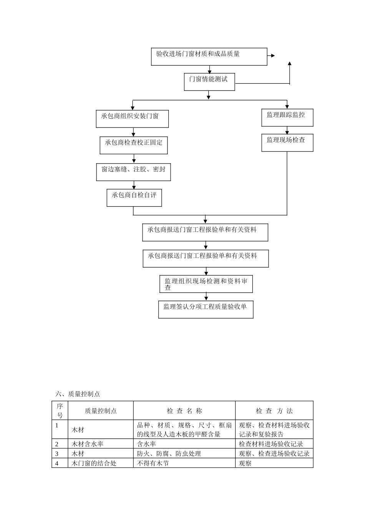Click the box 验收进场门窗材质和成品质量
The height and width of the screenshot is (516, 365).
[x=209, y=56]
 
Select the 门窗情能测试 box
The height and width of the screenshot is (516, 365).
[x=209, y=81]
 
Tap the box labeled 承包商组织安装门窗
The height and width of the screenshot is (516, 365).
[x=132, y=119]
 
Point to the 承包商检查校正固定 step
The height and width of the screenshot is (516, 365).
[x=134, y=145]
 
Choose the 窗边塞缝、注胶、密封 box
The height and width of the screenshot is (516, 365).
[x=133, y=172]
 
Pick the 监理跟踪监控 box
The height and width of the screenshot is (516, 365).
[x=287, y=117]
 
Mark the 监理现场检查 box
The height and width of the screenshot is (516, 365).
[x=287, y=142]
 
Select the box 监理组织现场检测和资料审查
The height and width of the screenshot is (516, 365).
[x=206, y=284]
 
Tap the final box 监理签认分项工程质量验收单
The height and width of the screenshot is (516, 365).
[x=206, y=309]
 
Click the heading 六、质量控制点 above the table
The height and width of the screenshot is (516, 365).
[x=78, y=394]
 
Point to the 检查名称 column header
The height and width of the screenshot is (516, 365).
[x=184, y=411]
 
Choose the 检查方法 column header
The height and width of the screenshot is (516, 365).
[x=274, y=411]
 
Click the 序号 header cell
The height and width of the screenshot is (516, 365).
[x=60, y=410]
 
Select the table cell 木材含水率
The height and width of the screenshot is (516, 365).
[x=88, y=444]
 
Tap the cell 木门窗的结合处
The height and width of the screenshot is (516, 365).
[x=94, y=463]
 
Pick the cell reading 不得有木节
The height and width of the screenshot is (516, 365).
[x=153, y=463]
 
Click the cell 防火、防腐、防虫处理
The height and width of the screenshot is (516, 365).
[x=169, y=453]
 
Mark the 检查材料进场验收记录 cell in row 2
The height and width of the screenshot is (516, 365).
[x=271, y=444]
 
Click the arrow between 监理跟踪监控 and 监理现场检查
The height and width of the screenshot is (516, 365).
[x=287, y=131]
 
